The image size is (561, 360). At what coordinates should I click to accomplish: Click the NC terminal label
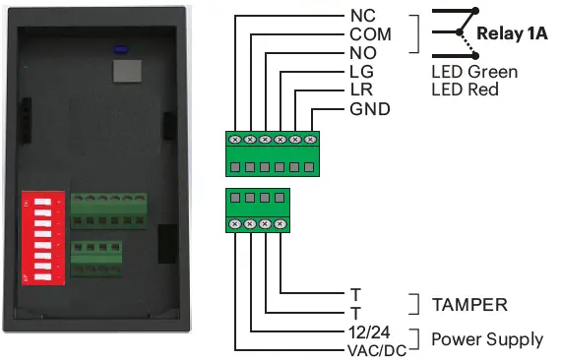pyautogui.click(x=362, y=16)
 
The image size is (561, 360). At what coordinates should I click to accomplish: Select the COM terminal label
pyautogui.click(x=370, y=34)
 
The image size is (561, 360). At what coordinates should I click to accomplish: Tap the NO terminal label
pyautogui.click(x=362, y=53)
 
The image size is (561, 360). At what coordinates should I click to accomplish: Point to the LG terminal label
pyautogui.click(x=362, y=72)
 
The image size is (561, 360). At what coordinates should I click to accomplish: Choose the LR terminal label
pyautogui.click(x=362, y=90)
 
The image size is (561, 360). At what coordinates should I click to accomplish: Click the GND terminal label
pyautogui.click(x=370, y=108)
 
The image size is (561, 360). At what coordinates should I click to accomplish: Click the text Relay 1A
pyautogui.click(x=512, y=33)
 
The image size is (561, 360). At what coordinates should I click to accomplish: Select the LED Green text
pyautogui.click(x=473, y=72)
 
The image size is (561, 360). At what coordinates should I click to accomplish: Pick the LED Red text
pyautogui.click(x=465, y=90)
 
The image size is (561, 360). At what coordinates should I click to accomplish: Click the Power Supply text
pyautogui.click(x=487, y=339)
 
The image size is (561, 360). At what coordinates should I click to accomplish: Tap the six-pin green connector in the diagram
pyautogui.click(x=274, y=153)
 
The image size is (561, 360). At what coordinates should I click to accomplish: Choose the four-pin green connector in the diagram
pyautogui.click(x=259, y=210)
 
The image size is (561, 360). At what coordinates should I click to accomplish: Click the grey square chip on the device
pyautogui.click(x=124, y=70)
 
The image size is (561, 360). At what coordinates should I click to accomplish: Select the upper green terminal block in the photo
pyautogui.click(x=97, y=210)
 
